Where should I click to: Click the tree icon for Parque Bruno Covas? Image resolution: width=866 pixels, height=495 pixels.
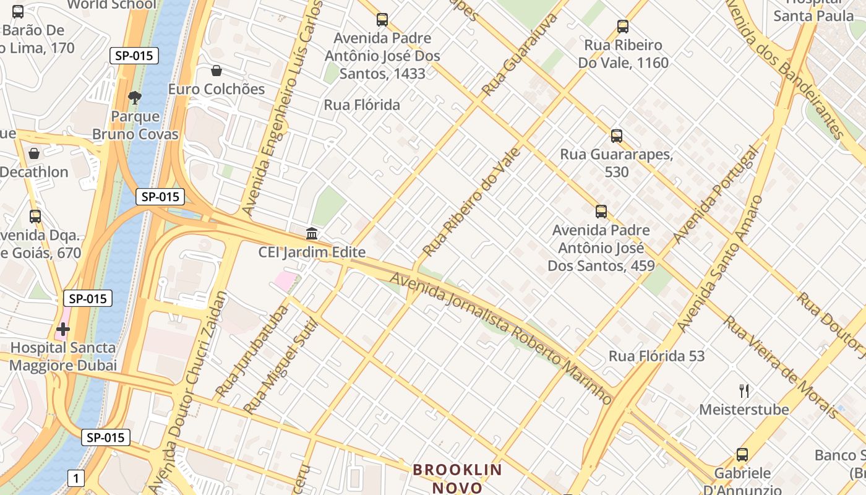coord(134,97)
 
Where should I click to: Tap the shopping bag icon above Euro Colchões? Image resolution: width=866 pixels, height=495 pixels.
coord(216,71)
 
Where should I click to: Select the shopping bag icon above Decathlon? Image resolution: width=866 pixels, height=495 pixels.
coord(34,153)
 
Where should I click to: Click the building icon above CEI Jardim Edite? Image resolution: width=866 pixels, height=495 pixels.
coord(312,234)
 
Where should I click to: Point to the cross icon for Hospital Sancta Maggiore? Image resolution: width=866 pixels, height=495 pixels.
coord(63,329)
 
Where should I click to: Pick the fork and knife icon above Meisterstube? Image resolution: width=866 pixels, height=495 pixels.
coord(744,390)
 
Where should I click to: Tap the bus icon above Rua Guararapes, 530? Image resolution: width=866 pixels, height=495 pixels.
coord(616,136)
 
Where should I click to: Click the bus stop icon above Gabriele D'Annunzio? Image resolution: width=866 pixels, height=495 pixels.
coord(742,455)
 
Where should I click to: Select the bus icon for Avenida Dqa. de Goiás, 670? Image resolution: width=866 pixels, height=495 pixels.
coord(35,217)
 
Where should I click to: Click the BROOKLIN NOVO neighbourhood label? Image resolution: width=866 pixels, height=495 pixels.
coord(458,478)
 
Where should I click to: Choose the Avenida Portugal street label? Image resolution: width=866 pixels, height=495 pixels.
coord(715,195)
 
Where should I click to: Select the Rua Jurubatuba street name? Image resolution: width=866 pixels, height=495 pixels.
coord(252,351)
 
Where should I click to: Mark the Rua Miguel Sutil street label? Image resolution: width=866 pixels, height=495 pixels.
coord(280,366)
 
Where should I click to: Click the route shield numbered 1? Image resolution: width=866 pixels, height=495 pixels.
coord(76,478)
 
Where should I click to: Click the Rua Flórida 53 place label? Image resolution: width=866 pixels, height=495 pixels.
coord(656,356)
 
